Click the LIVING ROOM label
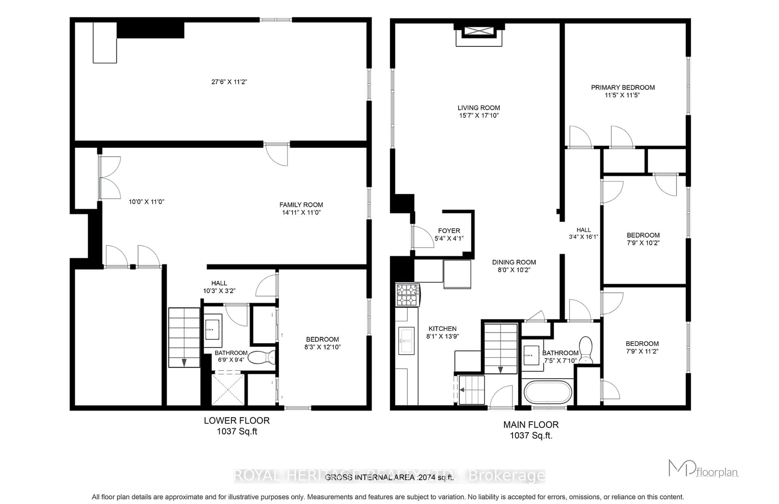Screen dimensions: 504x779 pyautogui.click(x=478, y=108)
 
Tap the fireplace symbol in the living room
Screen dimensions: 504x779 pyautogui.click(x=479, y=31)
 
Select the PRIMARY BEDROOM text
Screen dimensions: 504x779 pyautogui.click(x=623, y=87)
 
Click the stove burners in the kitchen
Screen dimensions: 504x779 pyautogui.click(x=407, y=295)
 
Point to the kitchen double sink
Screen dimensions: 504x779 pyautogui.click(x=406, y=341)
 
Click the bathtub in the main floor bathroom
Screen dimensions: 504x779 pyautogui.click(x=548, y=392)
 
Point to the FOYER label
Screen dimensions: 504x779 pyautogui.click(x=449, y=231)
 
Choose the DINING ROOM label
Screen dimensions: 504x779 pyautogui.click(x=514, y=262)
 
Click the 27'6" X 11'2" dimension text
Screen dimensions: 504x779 pyautogui.click(x=229, y=82)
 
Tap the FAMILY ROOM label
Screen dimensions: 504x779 pyautogui.click(x=301, y=205)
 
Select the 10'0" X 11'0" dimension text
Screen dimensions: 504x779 pyautogui.click(x=146, y=202)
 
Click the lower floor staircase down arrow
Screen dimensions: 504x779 pyautogui.click(x=184, y=362)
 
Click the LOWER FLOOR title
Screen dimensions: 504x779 pyautogui.click(x=237, y=421)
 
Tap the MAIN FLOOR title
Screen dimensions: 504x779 pyautogui.click(x=531, y=425)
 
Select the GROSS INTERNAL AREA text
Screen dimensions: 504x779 pyautogui.click(x=389, y=477)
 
